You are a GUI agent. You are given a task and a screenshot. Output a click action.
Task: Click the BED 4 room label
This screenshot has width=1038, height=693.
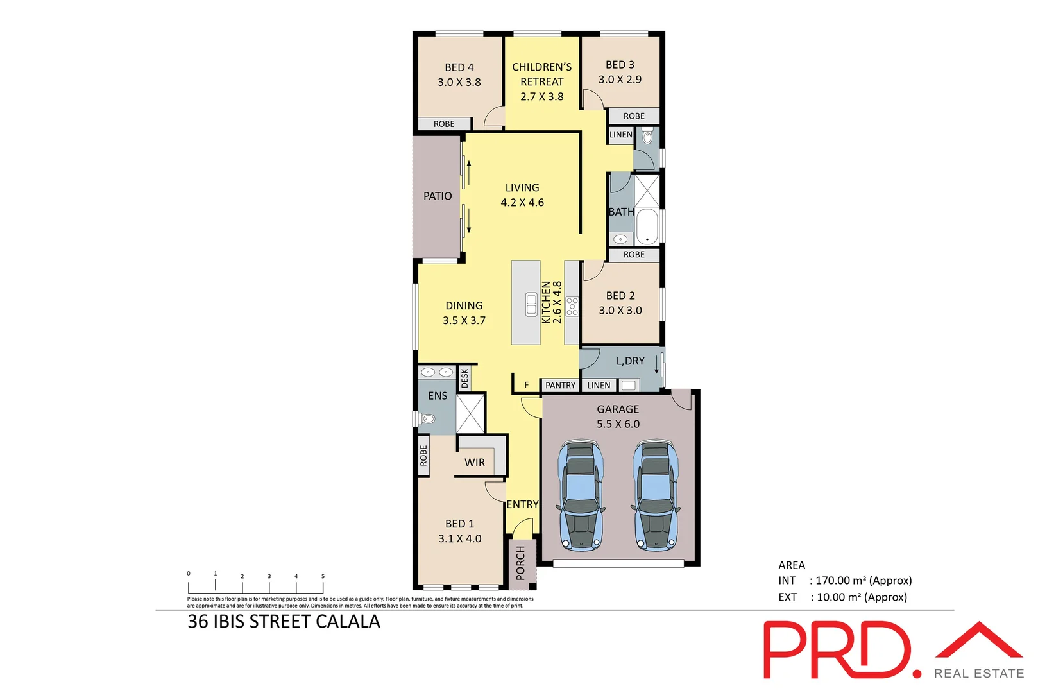pos(459,67)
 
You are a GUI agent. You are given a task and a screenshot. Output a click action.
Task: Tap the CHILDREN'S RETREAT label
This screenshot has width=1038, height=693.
pos(541,74)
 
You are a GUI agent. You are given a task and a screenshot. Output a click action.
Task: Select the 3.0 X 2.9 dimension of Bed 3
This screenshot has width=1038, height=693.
pos(620,80)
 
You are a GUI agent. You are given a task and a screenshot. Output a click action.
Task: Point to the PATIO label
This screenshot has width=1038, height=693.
pos(438,196)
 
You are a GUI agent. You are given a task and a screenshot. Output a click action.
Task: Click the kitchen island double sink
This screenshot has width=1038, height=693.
pos(531,304)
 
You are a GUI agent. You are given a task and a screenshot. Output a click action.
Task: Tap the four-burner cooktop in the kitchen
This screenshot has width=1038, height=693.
pos(572,306)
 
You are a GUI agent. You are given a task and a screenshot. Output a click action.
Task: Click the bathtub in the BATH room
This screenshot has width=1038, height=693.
pos(647,226)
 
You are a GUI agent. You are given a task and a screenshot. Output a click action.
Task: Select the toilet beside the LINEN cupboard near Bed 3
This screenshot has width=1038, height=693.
pos(647,137)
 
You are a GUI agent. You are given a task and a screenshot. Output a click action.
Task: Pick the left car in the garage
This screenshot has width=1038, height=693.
pos(581,495)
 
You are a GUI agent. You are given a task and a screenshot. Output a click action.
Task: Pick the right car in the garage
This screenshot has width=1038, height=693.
pos(656,495)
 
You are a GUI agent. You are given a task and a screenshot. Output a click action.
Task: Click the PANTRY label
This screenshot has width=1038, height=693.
pos(560,386)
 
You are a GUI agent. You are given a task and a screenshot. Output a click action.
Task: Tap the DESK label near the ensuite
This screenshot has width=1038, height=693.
pos(465,378)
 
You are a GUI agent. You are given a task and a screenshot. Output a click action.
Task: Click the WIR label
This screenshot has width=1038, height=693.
pos(475,463)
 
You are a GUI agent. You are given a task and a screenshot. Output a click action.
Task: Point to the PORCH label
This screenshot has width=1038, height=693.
pos(520,563)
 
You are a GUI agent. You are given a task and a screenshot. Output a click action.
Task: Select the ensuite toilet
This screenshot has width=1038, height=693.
pos(427,419)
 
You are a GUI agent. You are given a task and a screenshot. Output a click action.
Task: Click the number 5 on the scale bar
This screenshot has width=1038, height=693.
pos(323,576)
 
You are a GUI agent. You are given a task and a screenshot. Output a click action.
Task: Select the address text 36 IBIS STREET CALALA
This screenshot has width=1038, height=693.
pos(284,622)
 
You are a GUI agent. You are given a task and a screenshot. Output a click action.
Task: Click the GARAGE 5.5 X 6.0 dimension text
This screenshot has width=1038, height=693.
pos(618,424)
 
